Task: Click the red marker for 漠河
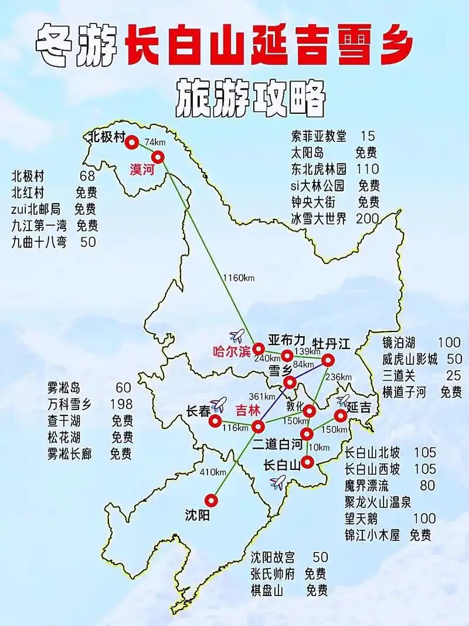[158, 157]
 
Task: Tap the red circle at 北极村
[131, 141]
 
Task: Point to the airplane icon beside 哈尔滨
[237, 336]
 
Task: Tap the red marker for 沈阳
[211, 500]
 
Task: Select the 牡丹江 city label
[331, 343]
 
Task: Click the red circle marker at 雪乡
[290, 383]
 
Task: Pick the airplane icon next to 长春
[218, 404]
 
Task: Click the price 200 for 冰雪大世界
[368, 219]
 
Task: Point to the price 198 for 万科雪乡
[121, 404]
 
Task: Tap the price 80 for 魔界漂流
[427, 485]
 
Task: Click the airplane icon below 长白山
[278, 482]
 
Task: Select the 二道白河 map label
[277, 445]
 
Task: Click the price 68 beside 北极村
[87, 176]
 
